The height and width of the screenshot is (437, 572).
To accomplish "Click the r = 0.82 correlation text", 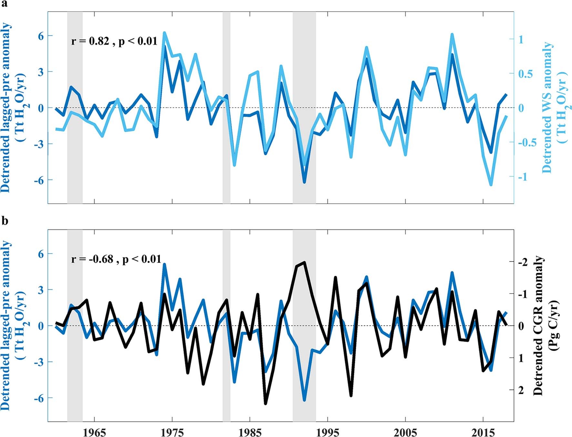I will point(114,41).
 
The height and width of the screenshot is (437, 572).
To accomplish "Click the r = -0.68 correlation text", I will point(116,259).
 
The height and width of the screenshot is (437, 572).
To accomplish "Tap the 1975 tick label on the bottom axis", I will point(172,432).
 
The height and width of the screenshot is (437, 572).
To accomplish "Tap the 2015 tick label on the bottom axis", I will point(483,432).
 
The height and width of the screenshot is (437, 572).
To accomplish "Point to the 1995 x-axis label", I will point(327,432).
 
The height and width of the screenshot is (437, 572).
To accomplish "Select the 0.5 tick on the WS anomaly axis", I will point(525,74).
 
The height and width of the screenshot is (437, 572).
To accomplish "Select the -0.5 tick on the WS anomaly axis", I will point(527,142).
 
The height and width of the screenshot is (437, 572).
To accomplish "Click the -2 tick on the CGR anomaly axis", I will point(523,262).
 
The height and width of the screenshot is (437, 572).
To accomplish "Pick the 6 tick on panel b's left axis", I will point(41,254).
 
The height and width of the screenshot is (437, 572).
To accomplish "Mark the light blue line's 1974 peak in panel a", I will point(164,33).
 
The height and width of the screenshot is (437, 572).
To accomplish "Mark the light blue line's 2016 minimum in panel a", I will point(491,185).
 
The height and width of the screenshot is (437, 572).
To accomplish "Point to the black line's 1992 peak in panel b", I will point(304,263).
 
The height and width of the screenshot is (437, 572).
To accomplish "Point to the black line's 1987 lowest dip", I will point(266,403).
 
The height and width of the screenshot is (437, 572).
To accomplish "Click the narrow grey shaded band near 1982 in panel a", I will point(226,107).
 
